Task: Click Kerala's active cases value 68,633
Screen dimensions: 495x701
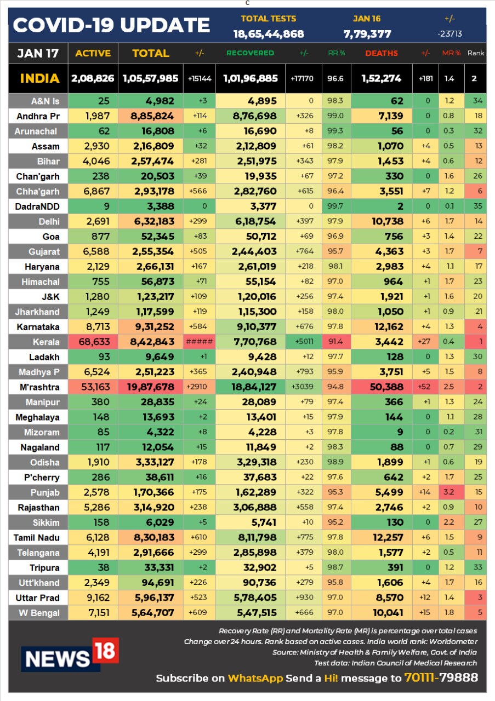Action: pyautogui.click(x=94, y=342)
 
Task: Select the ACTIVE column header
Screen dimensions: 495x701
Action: pyautogui.click(x=93, y=53)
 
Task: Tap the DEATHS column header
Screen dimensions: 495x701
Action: pyautogui.click(x=382, y=53)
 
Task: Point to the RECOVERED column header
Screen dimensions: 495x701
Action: pyautogui.click(x=250, y=53)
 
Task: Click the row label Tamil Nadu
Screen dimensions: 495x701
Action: pyautogui.click(x=36, y=538)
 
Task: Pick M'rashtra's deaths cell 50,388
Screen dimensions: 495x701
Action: pyautogui.click(x=386, y=387)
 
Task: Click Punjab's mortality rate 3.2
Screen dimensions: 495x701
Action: pyautogui.click(x=448, y=492)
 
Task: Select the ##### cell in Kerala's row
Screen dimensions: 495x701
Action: pyautogui.click(x=199, y=341)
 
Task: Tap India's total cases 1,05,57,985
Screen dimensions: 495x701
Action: pyautogui.click(x=150, y=78)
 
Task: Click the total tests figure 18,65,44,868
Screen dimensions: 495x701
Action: pyautogui.click(x=269, y=34)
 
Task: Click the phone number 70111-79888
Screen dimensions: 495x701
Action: pyautogui.click(x=441, y=677)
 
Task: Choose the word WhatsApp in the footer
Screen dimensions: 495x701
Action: pyautogui.click(x=255, y=678)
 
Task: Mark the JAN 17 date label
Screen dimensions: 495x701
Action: pyautogui.click(x=38, y=53)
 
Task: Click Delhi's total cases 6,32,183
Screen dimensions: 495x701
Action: pyautogui.click(x=154, y=221)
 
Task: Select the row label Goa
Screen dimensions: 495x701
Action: pyautogui.click(x=51, y=237)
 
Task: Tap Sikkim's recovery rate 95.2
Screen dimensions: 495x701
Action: pyautogui.click(x=335, y=522)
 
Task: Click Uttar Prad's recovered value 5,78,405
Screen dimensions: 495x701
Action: pyautogui.click(x=255, y=598)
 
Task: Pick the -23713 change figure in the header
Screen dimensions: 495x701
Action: pyautogui.click(x=450, y=33)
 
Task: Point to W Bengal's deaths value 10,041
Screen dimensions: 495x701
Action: pyautogui.click(x=388, y=613)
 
